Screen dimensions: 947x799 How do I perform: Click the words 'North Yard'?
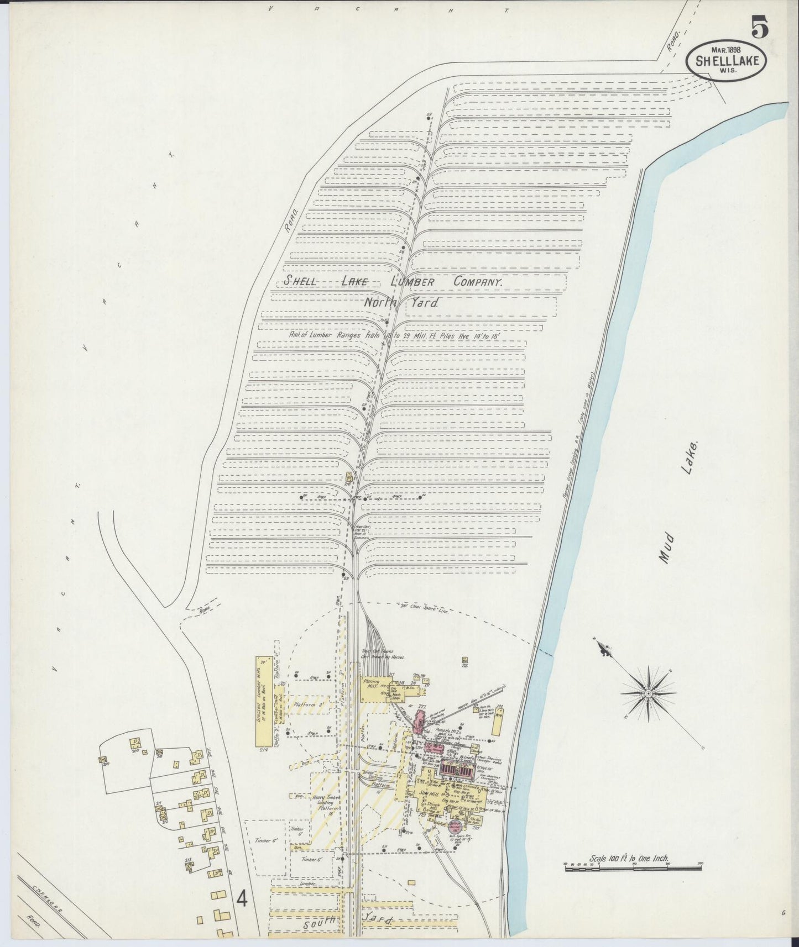[400, 303]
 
